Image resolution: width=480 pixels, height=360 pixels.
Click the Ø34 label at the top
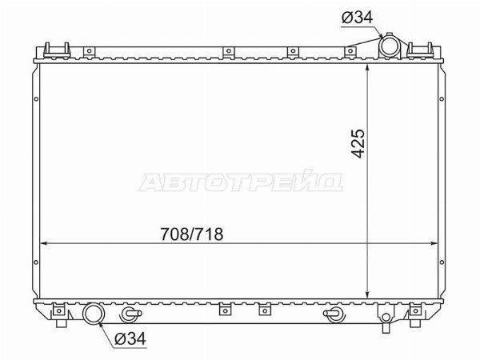point(357,18)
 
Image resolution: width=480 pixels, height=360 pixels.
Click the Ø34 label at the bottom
point(130,338)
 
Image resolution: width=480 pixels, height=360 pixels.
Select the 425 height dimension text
point(358,143)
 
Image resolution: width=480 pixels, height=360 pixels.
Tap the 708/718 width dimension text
point(192,234)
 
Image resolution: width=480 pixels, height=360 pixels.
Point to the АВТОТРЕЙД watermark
point(241,182)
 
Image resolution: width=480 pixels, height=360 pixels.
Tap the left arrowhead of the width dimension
point(44,244)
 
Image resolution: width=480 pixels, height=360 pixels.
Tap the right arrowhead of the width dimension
point(434,244)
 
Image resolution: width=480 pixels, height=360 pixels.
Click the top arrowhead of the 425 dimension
point(368,69)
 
